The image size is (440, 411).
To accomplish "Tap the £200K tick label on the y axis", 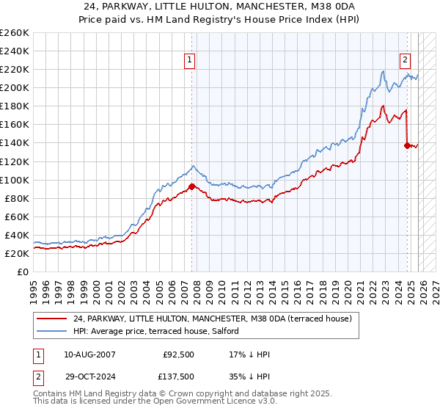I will [15, 87].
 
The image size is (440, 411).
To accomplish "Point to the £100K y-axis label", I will [15, 180].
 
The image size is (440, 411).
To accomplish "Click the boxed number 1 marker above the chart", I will [190, 61].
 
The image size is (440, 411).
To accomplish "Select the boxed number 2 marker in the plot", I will [405, 61].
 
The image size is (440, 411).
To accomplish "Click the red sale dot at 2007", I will [192, 186].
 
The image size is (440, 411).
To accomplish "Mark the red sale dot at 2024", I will [407, 145].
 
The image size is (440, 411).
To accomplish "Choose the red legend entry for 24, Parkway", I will [213, 319].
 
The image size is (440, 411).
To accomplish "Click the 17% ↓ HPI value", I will [250, 355].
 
